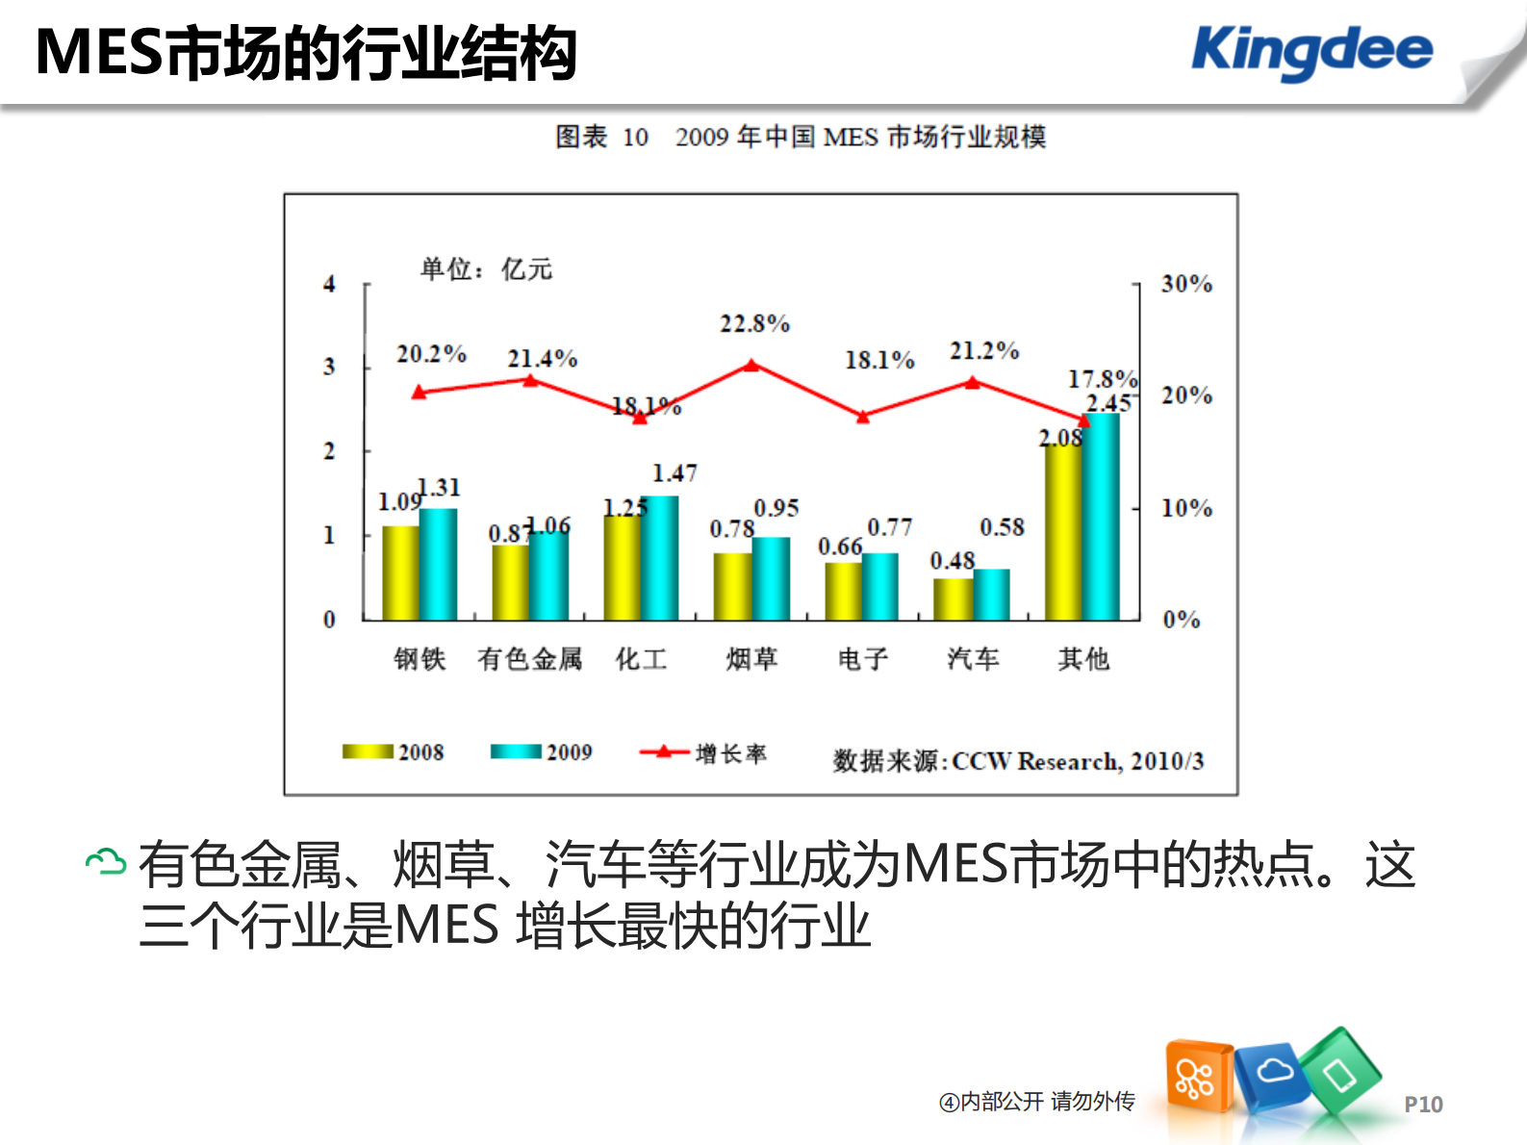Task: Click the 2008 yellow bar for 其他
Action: click(1063, 531)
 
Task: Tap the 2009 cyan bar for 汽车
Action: click(991, 594)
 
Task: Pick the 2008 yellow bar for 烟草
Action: click(732, 586)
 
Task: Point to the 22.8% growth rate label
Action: click(754, 324)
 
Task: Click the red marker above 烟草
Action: click(751, 366)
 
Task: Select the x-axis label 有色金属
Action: click(529, 659)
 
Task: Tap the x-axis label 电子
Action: click(862, 659)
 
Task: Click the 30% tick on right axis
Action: click(1185, 284)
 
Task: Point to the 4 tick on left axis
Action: click(329, 284)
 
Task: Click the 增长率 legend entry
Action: click(703, 753)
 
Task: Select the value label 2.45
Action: click(1108, 403)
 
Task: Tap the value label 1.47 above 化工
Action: click(674, 473)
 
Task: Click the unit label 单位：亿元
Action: click(486, 269)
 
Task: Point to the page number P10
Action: click(1423, 1105)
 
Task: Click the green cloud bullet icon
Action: click(106, 862)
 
